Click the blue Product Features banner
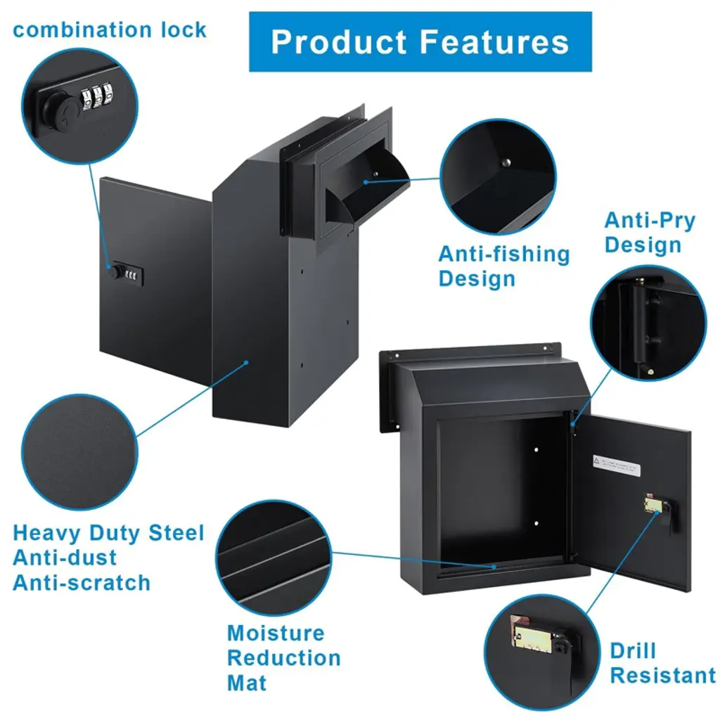[x=420, y=41]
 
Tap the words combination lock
[x=110, y=30]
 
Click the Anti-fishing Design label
[x=504, y=266]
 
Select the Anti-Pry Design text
[x=650, y=233]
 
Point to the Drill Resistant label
[x=662, y=663]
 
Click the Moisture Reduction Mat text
[x=283, y=658]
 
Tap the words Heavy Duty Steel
[x=108, y=533]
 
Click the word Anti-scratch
[x=82, y=583]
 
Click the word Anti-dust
[x=65, y=558]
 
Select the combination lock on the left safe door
[x=126, y=274]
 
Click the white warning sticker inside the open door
[x=617, y=464]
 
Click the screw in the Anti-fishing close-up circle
[x=503, y=163]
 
